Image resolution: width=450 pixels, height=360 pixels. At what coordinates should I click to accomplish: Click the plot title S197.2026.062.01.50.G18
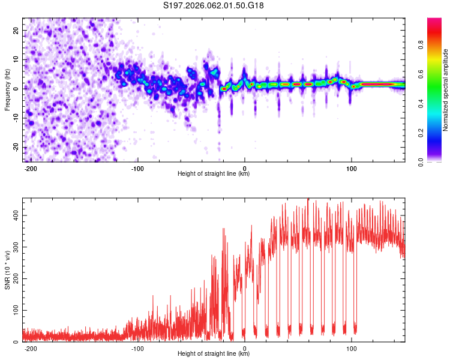tap(214, 6)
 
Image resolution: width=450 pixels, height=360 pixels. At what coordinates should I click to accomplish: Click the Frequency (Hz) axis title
tap(8, 90)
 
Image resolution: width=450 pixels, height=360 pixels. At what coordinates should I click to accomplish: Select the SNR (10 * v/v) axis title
tap(8, 269)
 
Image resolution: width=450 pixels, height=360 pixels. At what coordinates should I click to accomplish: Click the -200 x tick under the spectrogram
tap(31, 169)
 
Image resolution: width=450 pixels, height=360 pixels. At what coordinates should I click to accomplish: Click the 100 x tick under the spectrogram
tap(352, 169)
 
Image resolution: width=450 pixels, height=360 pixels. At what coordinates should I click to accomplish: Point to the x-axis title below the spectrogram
tap(214, 175)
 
